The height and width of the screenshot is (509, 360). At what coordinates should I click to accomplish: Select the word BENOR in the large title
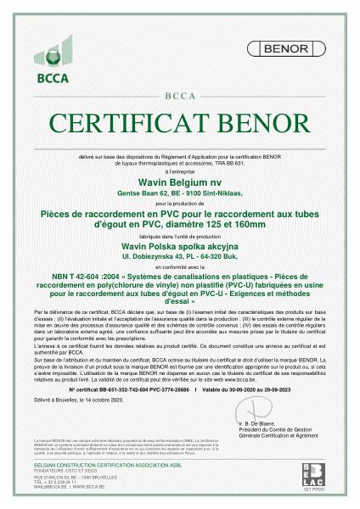(x=263, y=122)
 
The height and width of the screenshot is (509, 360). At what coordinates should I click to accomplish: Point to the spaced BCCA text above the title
(x=179, y=96)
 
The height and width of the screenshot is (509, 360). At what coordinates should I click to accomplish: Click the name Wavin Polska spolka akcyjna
(x=179, y=241)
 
